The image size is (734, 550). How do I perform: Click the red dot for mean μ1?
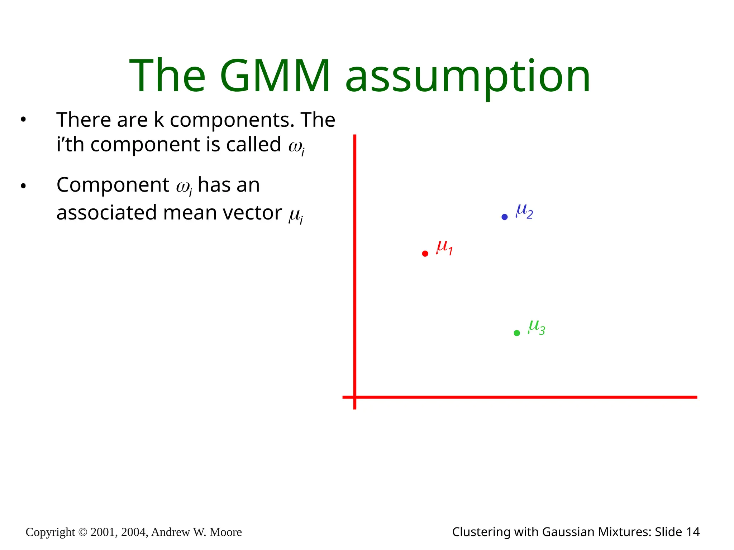[425, 254]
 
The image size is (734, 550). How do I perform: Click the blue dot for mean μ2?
[505, 217]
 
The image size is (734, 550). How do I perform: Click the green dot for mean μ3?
[517, 333]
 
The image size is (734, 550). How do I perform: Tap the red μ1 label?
[444, 247]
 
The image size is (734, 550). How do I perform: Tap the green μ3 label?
[537, 327]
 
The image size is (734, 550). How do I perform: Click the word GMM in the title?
[275, 76]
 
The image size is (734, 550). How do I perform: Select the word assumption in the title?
[468, 77]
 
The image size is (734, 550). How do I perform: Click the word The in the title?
[167, 76]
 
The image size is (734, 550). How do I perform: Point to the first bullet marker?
[23, 120]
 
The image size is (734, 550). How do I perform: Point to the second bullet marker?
[23, 186]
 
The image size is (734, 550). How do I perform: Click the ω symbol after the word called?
[296, 146]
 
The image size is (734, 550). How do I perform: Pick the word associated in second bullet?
[106, 213]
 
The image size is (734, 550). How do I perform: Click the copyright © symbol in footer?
[82, 532]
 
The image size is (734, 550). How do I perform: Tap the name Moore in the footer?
[225, 532]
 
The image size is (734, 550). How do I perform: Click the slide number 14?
[693, 532]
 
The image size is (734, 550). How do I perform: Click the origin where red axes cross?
[355, 397]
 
